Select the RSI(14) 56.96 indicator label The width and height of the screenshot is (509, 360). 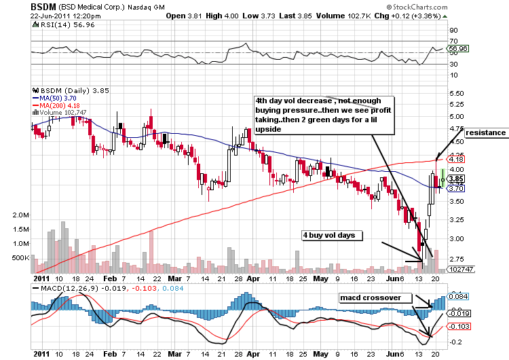pos(57,24)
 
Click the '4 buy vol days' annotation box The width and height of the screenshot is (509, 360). pos(333,234)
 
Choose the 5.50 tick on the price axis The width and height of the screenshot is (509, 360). pos(456,93)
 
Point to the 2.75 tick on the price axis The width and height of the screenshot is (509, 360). pos(456,259)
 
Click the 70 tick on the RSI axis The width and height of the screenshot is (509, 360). pos(451,31)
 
